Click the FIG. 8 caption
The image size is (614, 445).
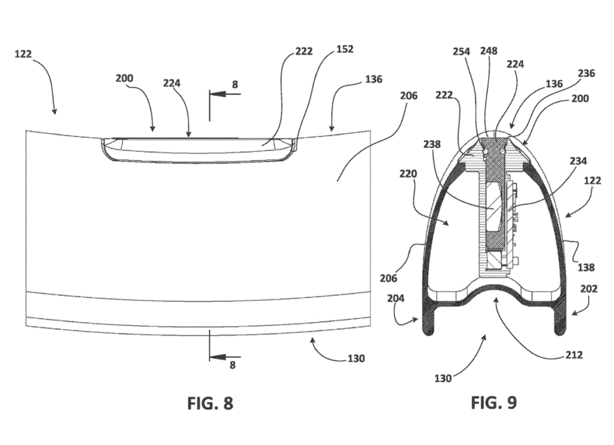(x=210, y=403)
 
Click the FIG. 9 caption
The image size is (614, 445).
(x=494, y=402)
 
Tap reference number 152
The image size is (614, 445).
(x=345, y=49)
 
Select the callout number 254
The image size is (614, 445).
(x=462, y=52)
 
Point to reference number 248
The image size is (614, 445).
(x=489, y=51)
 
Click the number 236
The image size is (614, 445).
(x=586, y=73)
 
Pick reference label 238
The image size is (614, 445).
(x=432, y=145)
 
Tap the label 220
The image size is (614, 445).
(x=408, y=173)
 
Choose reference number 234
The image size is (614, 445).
(x=579, y=161)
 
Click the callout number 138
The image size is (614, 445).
(x=586, y=267)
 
